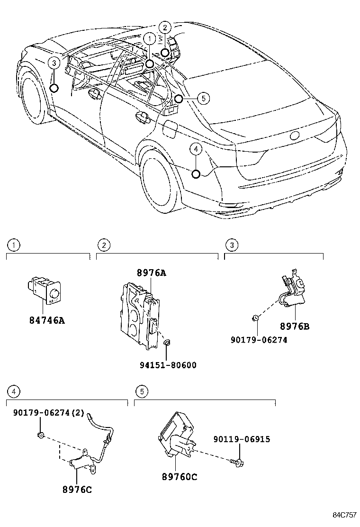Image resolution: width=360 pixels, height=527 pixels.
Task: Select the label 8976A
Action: [152, 273]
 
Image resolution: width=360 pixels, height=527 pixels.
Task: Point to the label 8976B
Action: [295, 327]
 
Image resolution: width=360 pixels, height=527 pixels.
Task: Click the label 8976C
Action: [76, 490]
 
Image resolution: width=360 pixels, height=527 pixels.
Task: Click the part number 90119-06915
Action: [242, 439]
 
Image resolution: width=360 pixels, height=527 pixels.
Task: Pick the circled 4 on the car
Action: [196, 149]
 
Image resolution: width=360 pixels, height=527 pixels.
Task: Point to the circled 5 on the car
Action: [203, 99]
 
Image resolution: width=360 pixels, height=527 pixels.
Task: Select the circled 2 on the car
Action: [164, 27]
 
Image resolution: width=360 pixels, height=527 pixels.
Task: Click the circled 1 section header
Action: [15, 245]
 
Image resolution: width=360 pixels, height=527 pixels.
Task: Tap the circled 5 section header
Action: [141, 391]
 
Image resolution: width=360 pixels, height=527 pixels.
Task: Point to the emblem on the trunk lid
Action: [294, 135]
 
